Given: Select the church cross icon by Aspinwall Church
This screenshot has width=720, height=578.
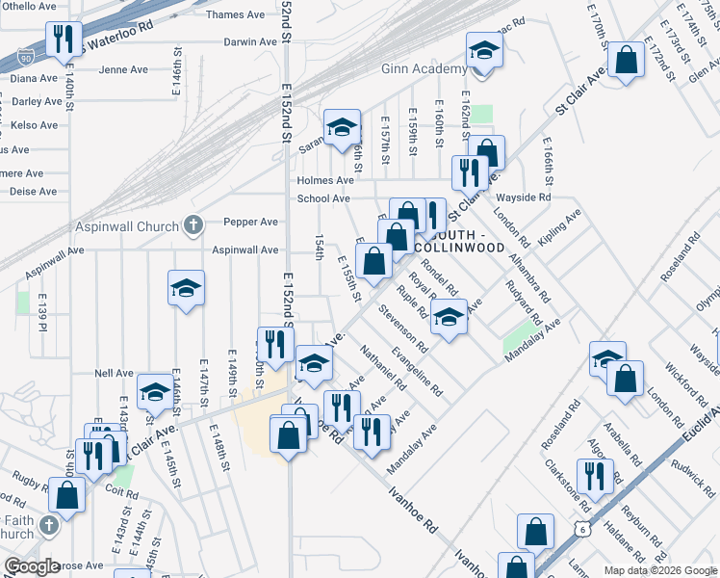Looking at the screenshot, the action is pyautogui.click(x=193, y=226).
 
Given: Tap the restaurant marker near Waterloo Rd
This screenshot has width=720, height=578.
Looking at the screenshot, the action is pyautogui.click(x=63, y=40).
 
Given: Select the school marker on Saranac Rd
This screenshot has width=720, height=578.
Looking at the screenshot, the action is pyautogui.click(x=342, y=127).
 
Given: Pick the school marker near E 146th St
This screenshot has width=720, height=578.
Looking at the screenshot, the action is pyautogui.click(x=186, y=288).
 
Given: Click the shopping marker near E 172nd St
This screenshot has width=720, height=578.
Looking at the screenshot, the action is pyautogui.click(x=626, y=60).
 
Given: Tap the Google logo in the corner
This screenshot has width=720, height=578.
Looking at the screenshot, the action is pyautogui.click(x=32, y=566).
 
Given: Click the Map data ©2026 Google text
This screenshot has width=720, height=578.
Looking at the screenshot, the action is pyautogui.click(x=658, y=570).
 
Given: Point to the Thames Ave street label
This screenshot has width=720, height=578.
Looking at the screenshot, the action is pyautogui.click(x=235, y=14).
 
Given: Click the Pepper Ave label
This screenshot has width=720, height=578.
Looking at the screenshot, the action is pyautogui.click(x=250, y=222).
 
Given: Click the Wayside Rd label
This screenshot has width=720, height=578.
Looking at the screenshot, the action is pyautogui.click(x=530, y=197).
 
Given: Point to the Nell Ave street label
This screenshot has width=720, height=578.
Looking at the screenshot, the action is pyautogui.click(x=114, y=373).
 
